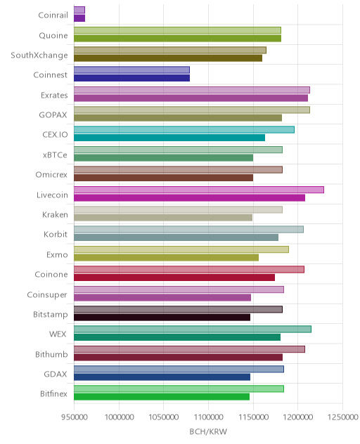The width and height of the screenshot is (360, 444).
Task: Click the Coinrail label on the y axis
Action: (x=53, y=15)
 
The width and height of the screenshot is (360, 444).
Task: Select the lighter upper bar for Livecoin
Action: (x=199, y=190)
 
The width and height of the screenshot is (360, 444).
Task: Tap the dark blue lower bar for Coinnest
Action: (x=131, y=78)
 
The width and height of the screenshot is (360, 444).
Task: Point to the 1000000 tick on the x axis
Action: (x=119, y=417)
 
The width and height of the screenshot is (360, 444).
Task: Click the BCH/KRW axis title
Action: (x=208, y=431)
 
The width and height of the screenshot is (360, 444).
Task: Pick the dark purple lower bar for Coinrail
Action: (x=79, y=18)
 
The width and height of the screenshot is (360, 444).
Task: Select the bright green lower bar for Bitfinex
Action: (x=162, y=397)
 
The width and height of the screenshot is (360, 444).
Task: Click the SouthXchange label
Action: (x=39, y=55)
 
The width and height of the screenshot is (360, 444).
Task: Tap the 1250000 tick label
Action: (x=342, y=417)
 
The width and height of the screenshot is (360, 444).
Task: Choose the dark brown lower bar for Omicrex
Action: (x=164, y=178)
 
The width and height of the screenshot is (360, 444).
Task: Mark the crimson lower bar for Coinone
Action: (x=174, y=277)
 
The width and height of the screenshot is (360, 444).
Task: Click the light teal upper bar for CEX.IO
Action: (x=184, y=130)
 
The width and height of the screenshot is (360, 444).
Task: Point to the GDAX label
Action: (x=56, y=374)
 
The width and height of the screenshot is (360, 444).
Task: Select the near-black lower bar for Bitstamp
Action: (x=162, y=318)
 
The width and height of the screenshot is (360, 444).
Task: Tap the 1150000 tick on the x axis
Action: (x=253, y=417)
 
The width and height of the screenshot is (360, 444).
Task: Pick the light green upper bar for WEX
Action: (x=193, y=329)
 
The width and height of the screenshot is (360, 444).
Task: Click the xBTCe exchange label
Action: (x=55, y=155)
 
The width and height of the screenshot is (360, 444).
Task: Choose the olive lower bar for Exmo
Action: (x=166, y=257)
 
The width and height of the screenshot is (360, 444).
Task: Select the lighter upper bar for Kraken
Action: (x=178, y=209)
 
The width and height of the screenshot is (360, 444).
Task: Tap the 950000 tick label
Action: (x=75, y=417)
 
